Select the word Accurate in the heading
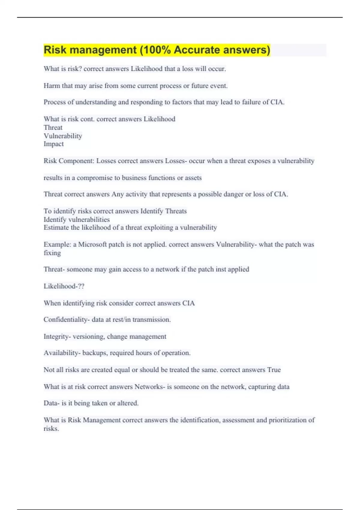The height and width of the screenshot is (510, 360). click(x=196, y=50)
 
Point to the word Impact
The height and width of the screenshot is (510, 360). click(x=54, y=144)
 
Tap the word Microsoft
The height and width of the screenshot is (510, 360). click(x=92, y=244)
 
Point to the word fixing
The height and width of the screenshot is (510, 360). click(x=52, y=253)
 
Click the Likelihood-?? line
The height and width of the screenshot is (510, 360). click(x=64, y=286)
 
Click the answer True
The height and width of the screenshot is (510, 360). click(x=274, y=370)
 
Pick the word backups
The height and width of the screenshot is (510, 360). click(x=95, y=353)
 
